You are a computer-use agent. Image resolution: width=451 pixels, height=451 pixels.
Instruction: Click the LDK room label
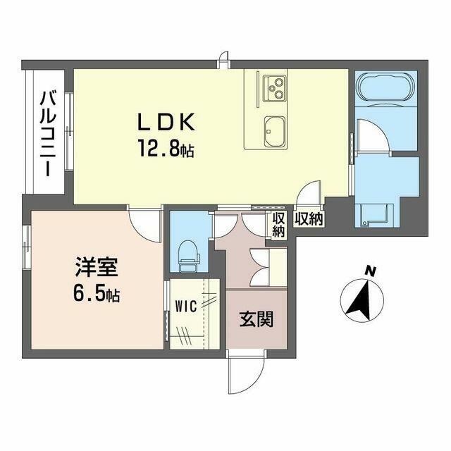tap(166, 123)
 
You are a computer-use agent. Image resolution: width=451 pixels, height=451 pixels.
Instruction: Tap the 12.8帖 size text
tap(166, 149)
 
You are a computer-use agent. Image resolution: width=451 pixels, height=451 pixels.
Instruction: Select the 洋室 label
tap(97, 267)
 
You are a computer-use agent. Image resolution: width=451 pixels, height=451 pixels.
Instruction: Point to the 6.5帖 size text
tap(97, 293)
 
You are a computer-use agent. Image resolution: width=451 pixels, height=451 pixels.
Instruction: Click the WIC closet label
tap(187, 307)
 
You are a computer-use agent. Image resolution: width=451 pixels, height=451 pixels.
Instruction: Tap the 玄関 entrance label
tap(257, 319)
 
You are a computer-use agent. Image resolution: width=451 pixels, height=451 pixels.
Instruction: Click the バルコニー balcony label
tap(48, 133)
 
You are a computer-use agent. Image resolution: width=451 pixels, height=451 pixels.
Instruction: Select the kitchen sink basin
tap(275, 131)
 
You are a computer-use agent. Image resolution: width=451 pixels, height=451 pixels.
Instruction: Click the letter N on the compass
tap(370, 271)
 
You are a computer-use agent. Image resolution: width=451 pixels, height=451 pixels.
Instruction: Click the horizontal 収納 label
tap(309, 220)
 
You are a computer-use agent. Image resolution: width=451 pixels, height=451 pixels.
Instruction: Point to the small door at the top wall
tap(224, 60)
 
